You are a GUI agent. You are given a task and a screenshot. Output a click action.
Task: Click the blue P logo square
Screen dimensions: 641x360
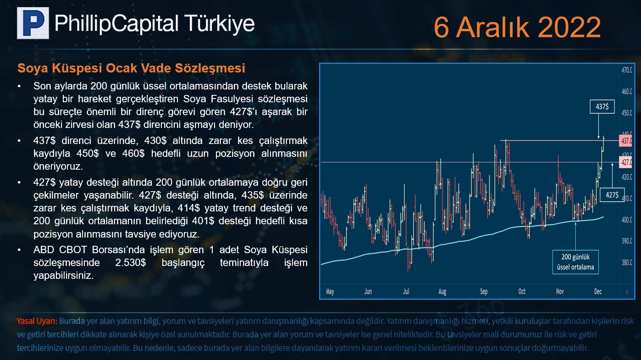tap(33, 23)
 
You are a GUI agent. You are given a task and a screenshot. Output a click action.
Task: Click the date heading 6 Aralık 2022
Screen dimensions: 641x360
tap(517, 27)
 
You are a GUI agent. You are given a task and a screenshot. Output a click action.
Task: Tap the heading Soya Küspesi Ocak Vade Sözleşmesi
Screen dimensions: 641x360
tap(131, 68)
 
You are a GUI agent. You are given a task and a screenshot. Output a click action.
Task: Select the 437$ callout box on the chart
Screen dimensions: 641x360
tap(602, 106)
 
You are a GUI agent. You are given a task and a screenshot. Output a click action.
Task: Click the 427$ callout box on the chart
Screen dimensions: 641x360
tap(612, 195)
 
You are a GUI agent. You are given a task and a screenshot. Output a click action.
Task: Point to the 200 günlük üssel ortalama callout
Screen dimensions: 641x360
tap(575, 262)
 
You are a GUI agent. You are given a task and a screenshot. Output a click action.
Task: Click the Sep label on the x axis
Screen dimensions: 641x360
tap(484, 291)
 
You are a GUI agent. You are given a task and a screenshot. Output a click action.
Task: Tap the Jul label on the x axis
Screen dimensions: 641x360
tap(406, 291)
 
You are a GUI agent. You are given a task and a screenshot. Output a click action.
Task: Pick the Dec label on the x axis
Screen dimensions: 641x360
tap(598, 291)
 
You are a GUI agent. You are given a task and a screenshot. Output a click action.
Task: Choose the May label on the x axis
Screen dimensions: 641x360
tap(330, 292)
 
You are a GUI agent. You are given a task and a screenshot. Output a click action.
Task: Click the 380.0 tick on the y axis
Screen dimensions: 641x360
tap(627, 262)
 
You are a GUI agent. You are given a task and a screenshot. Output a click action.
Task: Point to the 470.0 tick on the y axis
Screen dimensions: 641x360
tap(627, 70)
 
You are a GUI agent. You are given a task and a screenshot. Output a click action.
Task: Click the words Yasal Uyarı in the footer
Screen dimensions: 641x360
tap(37, 321)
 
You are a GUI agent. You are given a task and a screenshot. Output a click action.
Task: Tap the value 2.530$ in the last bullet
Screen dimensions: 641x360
tap(131, 262)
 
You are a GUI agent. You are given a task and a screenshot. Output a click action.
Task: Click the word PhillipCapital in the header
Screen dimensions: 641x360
tap(116, 23)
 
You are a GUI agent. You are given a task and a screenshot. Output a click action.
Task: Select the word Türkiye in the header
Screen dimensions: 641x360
tap(220, 23)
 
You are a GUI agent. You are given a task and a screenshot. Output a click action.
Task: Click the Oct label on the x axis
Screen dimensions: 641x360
tap(522, 291)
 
